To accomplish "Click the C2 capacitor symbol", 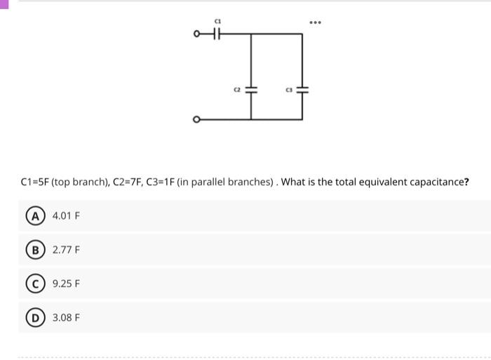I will [253, 90].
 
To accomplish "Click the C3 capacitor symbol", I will [303, 90].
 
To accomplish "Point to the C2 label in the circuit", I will [237, 90].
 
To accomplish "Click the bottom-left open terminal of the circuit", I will [197, 119].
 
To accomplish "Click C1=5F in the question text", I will [36, 182].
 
